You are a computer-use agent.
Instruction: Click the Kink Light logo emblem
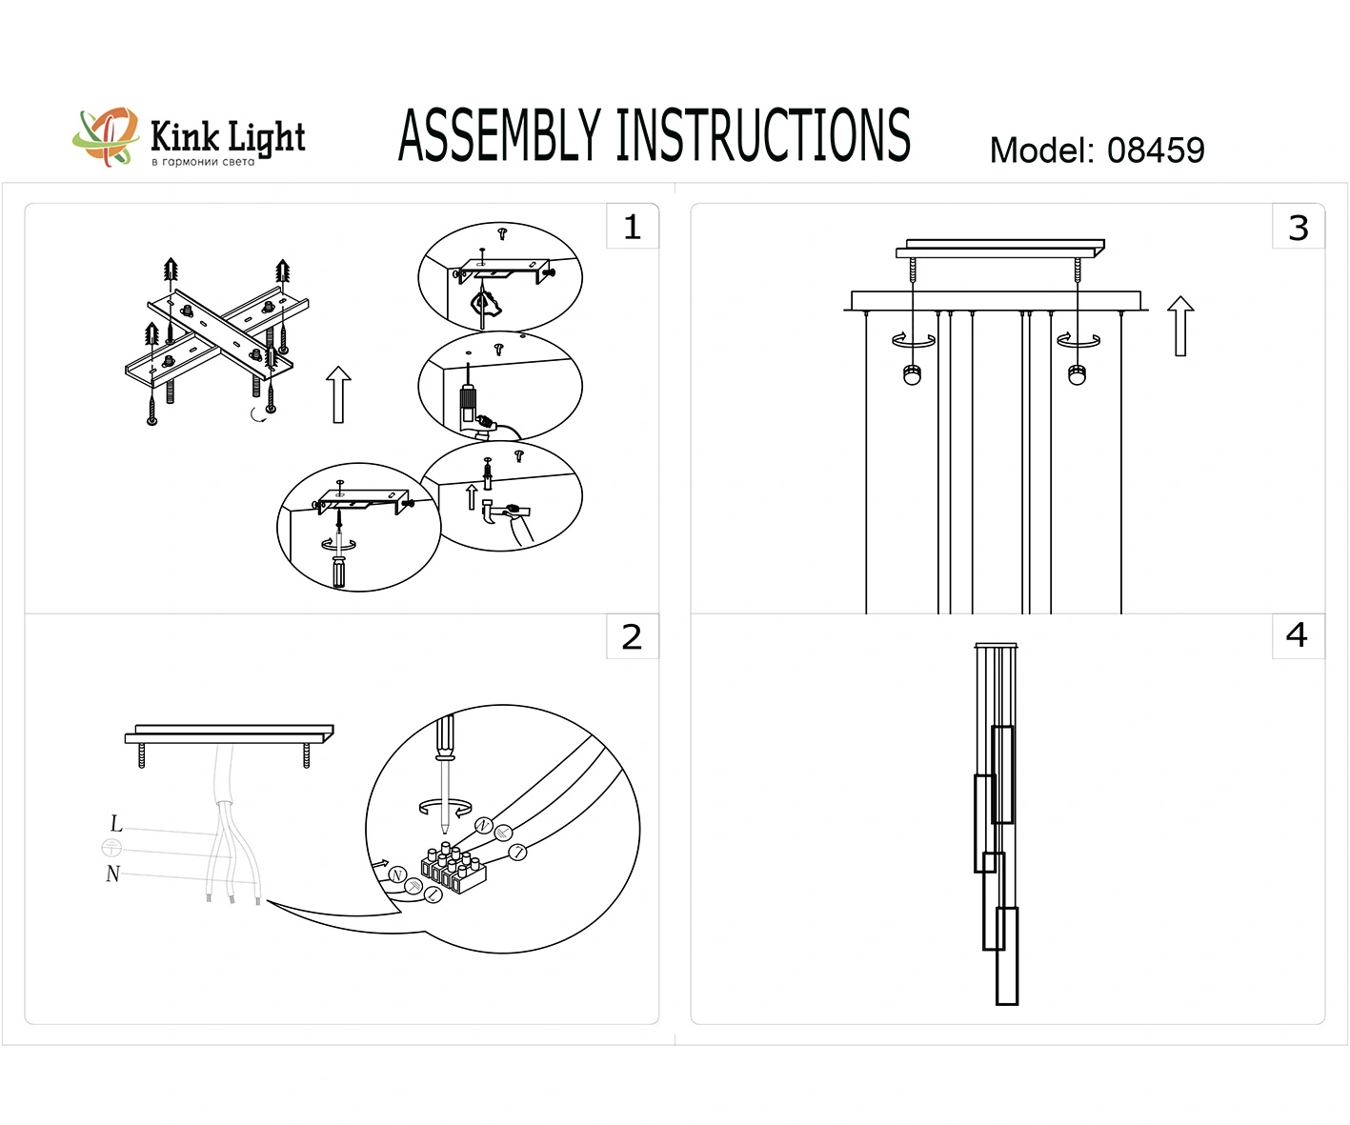[x=105, y=137]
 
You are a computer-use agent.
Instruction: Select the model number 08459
[x=1155, y=151]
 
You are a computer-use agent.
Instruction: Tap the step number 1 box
[x=632, y=227]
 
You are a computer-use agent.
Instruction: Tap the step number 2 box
[x=632, y=636]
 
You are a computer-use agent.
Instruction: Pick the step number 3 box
[x=1298, y=228]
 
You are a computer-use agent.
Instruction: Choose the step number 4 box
[x=1297, y=635]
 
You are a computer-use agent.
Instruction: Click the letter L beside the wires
[x=116, y=824]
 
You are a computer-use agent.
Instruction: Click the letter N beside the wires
[x=113, y=874]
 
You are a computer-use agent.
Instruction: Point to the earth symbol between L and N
[x=111, y=848]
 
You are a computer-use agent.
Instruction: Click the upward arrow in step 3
[x=1180, y=326]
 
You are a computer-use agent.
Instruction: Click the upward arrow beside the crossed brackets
[x=338, y=393]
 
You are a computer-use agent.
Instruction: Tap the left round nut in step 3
[x=913, y=374]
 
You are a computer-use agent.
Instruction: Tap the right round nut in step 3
[x=1078, y=374]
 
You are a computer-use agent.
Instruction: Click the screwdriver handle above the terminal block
[x=445, y=736]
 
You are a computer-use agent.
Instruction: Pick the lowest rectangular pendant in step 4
[x=1006, y=955]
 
